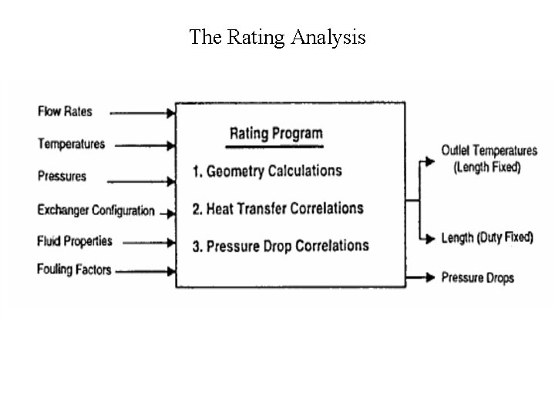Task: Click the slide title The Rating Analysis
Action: [277, 37]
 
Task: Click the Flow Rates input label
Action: [65, 112]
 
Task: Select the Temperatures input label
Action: [71, 144]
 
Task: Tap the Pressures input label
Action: [62, 176]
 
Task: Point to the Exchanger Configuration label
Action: [96, 210]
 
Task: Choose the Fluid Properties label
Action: [74, 241]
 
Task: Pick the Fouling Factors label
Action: [73, 270]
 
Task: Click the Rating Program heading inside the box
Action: [276, 134]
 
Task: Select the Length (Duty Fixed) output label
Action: [486, 237]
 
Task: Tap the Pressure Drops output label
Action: [477, 277]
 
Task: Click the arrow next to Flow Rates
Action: [143, 112]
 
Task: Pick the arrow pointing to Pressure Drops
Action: [420, 277]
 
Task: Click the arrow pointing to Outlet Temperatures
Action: [426, 162]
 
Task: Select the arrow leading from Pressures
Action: [141, 182]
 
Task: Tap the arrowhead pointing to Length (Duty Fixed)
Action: [430, 240]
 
